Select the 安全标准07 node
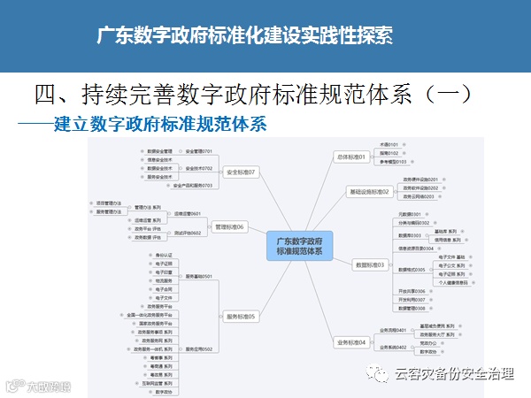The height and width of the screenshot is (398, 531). tap(240, 172)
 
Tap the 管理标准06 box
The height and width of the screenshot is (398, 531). tap(228, 226)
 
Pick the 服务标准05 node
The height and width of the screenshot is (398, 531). tap(240, 317)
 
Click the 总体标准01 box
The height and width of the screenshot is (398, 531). tap(350, 157)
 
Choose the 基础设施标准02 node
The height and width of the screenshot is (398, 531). tap(369, 191)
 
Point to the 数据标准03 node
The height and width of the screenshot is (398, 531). tap(369, 264)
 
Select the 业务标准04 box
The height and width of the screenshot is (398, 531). tap(350, 341)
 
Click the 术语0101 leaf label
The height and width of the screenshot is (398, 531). tap(389, 143)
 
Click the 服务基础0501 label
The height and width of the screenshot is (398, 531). tap(199, 276)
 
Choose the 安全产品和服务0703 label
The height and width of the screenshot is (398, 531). tap(193, 185)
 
